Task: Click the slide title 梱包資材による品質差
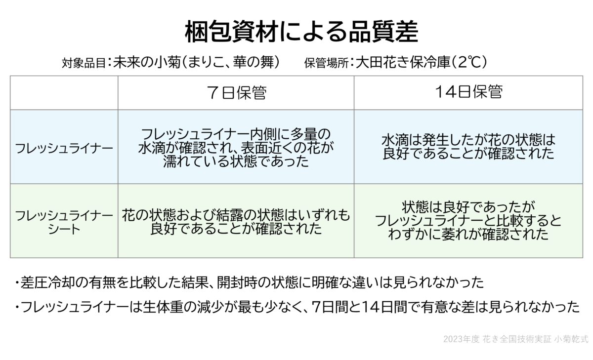pyautogui.click(x=301, y=32)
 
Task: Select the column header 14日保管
pyautogui.click(x=468, y=92)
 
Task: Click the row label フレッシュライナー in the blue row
pyautogui.click(x=64, y=148)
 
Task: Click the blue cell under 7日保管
pyautogui.click(x=236, y=147)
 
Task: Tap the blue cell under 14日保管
pyautogui.click(x=468, y=147)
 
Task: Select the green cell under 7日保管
pyautogui.click(x=236, y=221)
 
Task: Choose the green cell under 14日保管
pyautogui.click(x=468, y=221)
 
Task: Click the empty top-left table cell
pyautogui.click(x=64, y=93)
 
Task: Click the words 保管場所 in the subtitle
pyautogui.click(x=326, y=63)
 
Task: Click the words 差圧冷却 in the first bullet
pyautogui.click(x=48, y=283)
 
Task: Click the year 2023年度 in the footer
pyautogui.click(x=461, y=339)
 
